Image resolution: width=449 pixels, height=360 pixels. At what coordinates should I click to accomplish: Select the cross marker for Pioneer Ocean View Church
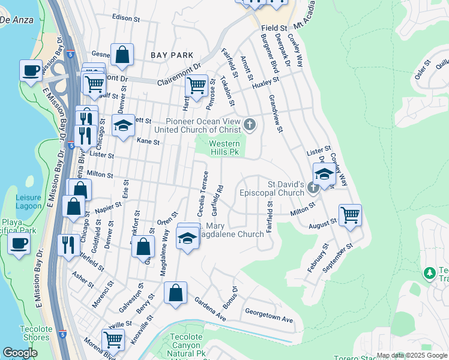249,125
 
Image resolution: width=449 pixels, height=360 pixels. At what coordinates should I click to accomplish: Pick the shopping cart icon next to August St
350,214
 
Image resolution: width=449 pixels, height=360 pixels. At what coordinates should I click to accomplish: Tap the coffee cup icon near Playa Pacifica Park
18,244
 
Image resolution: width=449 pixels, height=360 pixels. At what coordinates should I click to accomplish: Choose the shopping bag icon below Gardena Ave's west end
175,293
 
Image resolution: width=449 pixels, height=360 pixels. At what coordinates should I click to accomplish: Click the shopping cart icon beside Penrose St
196,85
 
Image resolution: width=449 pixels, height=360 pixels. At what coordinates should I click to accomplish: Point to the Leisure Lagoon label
28,202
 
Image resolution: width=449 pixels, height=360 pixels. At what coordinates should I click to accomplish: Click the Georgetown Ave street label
268,316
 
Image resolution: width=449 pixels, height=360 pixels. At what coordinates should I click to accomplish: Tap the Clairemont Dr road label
178,77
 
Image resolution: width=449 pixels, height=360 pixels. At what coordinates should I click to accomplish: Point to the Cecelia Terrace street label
203,194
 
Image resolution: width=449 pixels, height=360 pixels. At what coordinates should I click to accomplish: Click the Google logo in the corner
20,353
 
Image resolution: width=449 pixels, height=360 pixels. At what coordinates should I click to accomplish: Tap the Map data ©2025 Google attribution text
411,355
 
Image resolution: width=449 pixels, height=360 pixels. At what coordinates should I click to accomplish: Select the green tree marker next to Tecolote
429,274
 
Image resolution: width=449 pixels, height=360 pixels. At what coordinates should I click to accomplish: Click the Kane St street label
148,142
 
